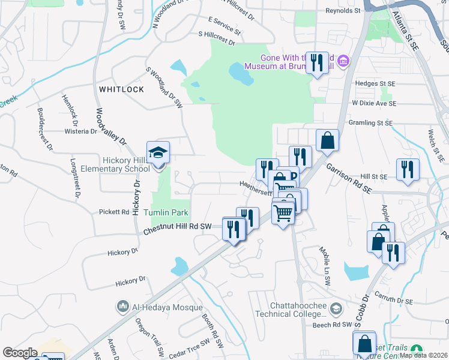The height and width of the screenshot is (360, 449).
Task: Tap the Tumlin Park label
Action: (166, 212)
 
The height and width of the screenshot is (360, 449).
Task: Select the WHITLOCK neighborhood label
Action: (121, 89)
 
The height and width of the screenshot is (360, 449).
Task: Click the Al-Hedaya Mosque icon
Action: (123, 306)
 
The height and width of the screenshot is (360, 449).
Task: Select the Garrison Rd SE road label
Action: (350, 178)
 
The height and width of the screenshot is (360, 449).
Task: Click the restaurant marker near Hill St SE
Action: (408, 169)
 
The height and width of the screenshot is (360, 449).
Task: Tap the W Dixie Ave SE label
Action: (374, 103)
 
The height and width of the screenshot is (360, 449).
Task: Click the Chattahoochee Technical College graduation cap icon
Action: (336, 308)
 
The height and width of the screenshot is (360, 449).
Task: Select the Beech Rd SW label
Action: (331, 325)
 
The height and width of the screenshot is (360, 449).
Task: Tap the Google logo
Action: (20, 352)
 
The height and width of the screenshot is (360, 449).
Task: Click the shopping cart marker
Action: (283, 212)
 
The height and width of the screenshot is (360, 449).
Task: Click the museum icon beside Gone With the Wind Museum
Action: (343, 60)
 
